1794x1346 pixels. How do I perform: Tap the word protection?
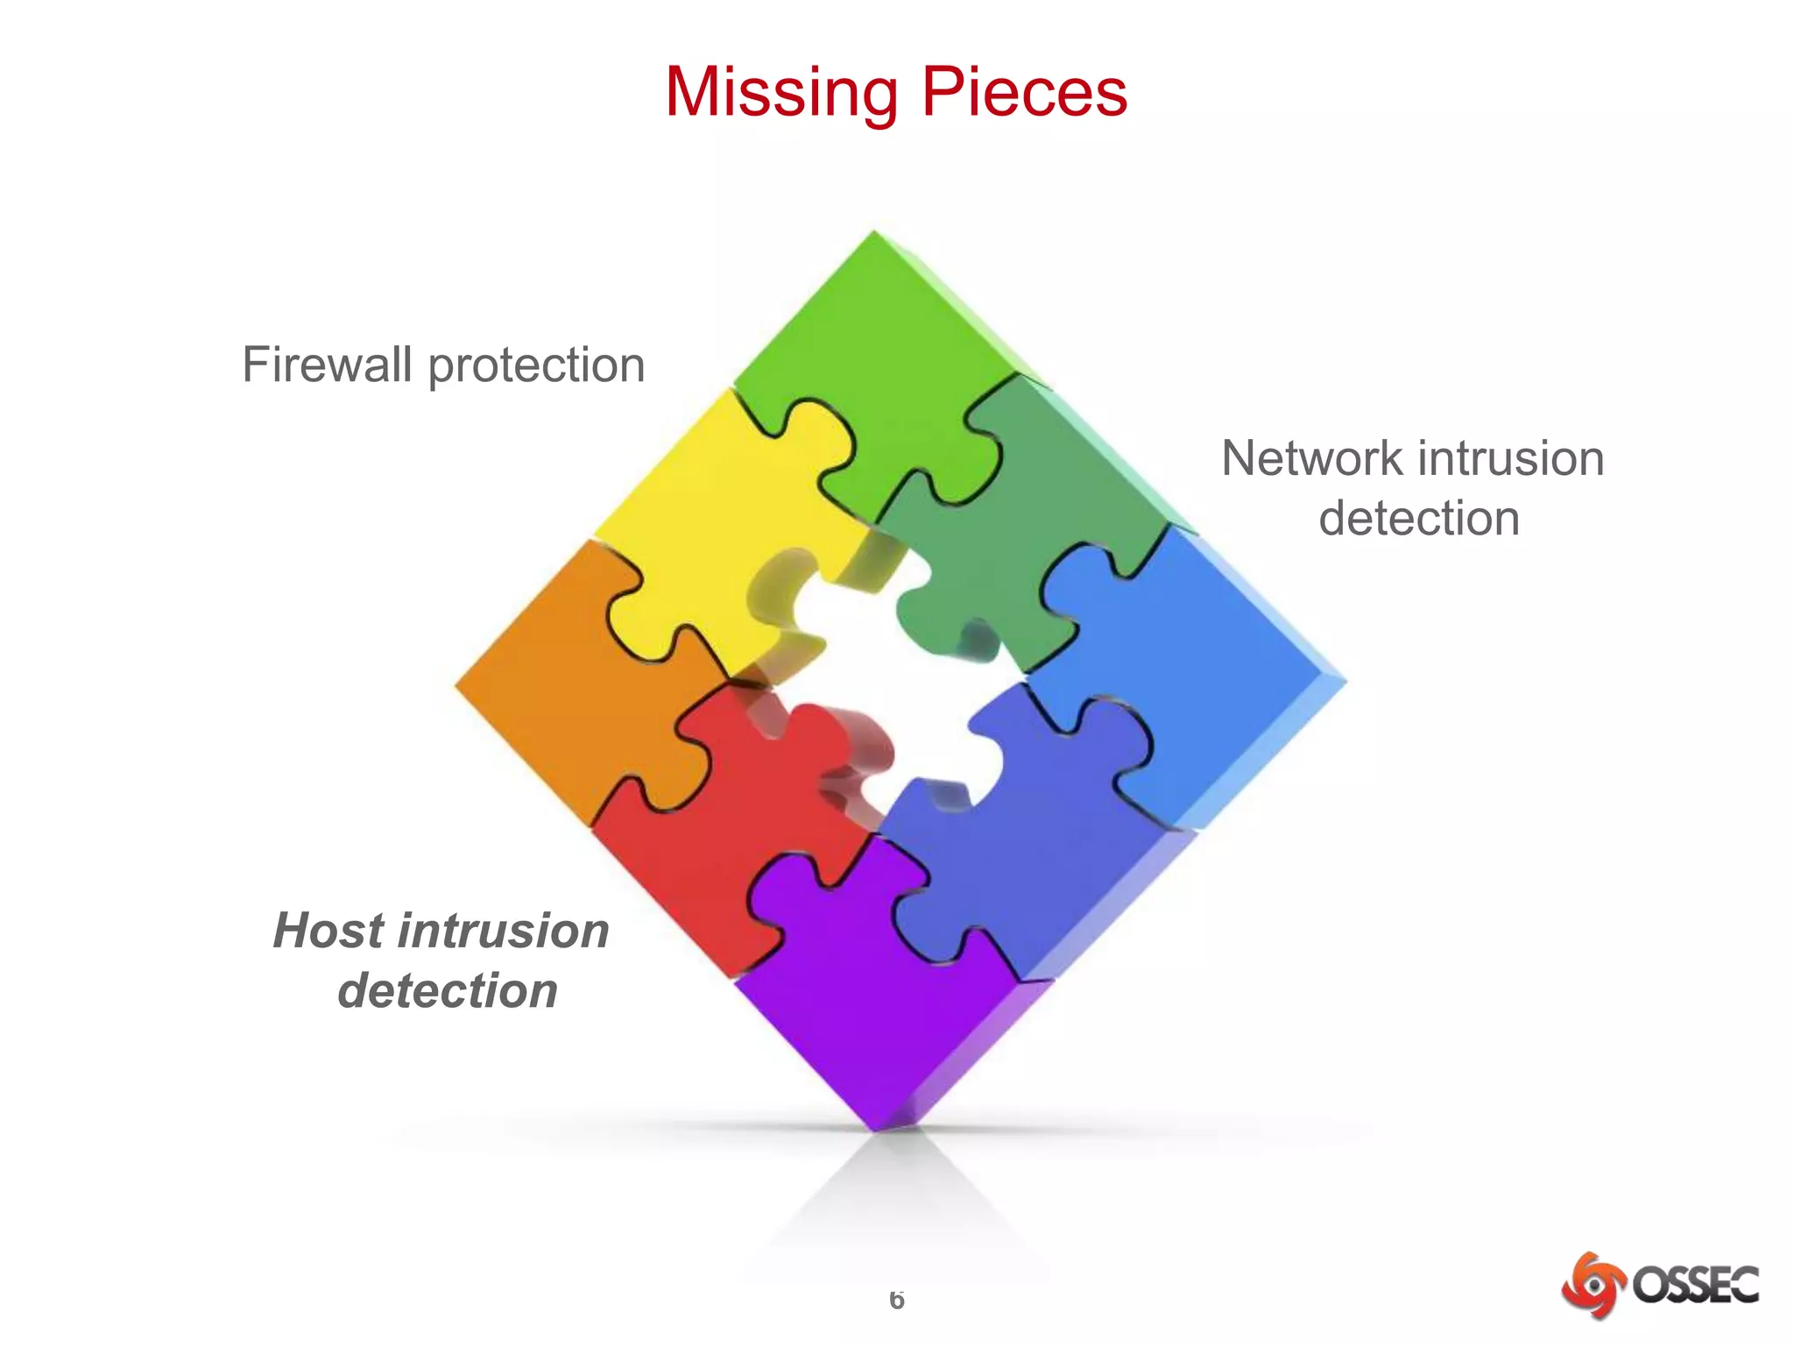coord(536,366)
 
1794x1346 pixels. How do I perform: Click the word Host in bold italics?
coord(328,930)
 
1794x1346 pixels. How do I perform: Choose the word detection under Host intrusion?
coord(448,990)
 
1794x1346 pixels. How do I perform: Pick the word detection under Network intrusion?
coord(1419,518)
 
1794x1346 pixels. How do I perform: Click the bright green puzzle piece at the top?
coord(876,351)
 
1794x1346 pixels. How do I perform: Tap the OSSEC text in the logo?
coord(1694,1286)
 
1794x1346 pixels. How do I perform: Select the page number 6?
coord(896,1300)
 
